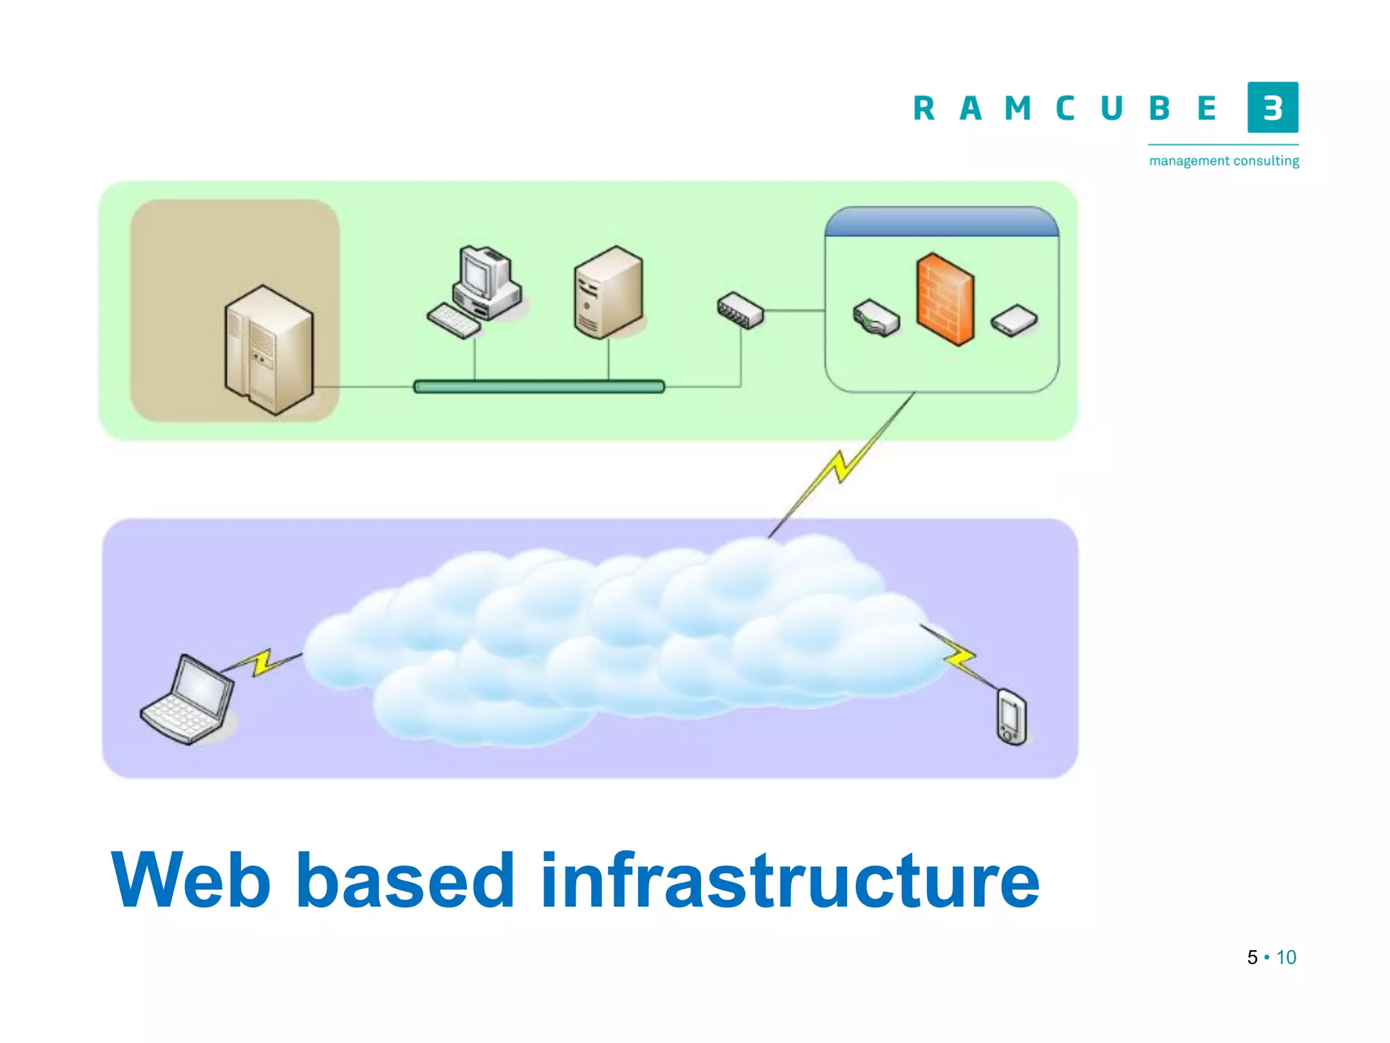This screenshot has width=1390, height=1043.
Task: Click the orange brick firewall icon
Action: pyautogui.click(x=945, y=299)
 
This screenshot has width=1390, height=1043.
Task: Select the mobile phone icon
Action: pyautogui.click(x=1011, y=717)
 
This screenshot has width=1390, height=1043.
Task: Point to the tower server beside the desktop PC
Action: pyautogui.click(x=608, y=292)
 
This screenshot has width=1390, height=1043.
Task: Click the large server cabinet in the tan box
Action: pyautogui.click(x=269, y=349)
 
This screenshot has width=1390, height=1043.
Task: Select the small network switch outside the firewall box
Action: pyautogui.click(x=740, y=310)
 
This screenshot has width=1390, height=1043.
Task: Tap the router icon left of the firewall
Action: pyautogui.click(x=876, y=318)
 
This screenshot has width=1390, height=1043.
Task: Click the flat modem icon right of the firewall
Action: pyautogui.click(x=1014, y=321)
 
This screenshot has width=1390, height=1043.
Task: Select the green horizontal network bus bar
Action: pyautogui.click(x=539, y=386)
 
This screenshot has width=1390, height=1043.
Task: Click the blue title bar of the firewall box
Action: pyautogui.click(x=941, y=222)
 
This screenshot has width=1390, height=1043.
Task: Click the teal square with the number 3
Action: pyautogui.click(x=1273, y=107)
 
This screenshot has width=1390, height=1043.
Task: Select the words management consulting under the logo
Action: pyautogui.click(x=1224, y=161)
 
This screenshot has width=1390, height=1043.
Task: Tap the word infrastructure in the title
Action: pyautogui.click(x=789, y=881)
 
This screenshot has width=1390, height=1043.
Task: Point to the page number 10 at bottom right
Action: pyautogui.click(x=1286, y=957)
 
